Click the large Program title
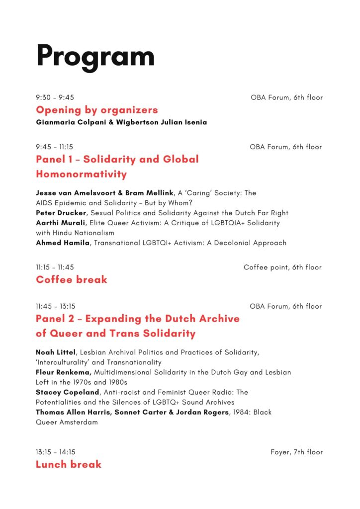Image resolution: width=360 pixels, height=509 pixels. pos(95,56)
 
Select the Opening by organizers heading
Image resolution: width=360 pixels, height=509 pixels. pos(96,110)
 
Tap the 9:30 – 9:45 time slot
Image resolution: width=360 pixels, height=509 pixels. pos(55,97)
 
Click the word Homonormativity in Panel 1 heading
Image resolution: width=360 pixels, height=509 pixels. pos(81,174)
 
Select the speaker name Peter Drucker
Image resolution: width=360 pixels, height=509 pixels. pos(60,213)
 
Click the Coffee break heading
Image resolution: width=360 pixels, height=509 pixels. pos(71,279)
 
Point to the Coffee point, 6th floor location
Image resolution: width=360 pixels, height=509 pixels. pos(282,267)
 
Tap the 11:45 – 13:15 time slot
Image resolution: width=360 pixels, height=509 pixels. pos(56,306)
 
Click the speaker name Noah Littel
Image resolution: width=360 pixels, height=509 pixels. pos(55,352)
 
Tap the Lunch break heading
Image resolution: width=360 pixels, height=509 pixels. pos(68,464)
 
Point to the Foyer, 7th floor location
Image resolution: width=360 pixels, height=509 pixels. pos(296,452)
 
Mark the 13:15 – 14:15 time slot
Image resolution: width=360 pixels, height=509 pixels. pos(56,452)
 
